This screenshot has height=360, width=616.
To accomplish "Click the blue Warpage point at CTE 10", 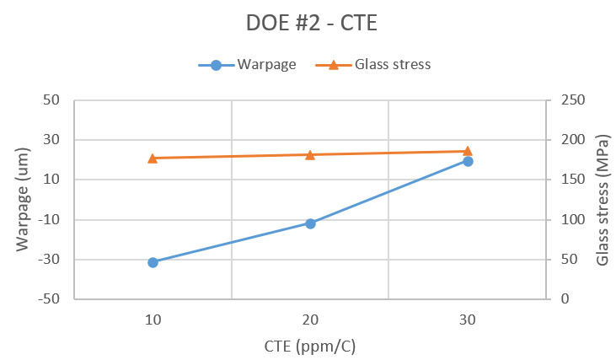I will pyautogui.click(x=153, y=262).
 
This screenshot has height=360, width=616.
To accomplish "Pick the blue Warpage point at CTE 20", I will pyautogui.click(x=310, y=223).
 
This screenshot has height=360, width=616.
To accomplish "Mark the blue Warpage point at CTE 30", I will pyautogui.click(x=468, y=161).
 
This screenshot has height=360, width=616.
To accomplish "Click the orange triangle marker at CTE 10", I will pyautogui.click(x=153, y=158).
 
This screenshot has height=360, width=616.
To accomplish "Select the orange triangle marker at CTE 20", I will pyautogui.click(x=310, y=154).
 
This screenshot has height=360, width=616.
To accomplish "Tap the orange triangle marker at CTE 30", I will pyautogui.click(x=468, y=151).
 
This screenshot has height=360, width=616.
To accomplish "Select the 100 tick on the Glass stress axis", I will pyautogui.click(x=569, y=220).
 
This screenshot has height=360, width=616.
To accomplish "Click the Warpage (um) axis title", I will pyautogui.click(x=23, y=199).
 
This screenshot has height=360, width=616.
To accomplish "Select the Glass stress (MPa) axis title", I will pyautogui.click(x=602, y=200).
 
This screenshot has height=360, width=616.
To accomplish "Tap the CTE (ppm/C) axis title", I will pyautogui.click(x=310, y=346).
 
